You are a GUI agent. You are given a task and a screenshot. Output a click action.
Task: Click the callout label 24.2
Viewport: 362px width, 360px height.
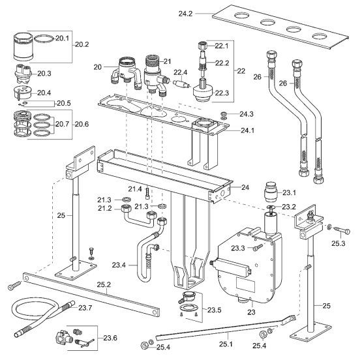coord(185,14)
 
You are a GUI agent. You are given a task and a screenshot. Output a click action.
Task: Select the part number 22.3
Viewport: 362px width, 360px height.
coord(222,93)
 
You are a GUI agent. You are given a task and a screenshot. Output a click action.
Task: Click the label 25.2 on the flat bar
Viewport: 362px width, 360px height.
coord(104,284)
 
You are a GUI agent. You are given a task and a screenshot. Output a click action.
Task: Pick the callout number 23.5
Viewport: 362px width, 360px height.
coord(214,310)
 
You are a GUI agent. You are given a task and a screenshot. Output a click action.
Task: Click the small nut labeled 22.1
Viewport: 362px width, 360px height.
coord(202,45)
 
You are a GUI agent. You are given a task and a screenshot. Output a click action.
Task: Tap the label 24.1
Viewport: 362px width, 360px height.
coord(247,130)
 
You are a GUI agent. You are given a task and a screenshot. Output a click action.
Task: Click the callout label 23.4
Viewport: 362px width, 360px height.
coord(119,265)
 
